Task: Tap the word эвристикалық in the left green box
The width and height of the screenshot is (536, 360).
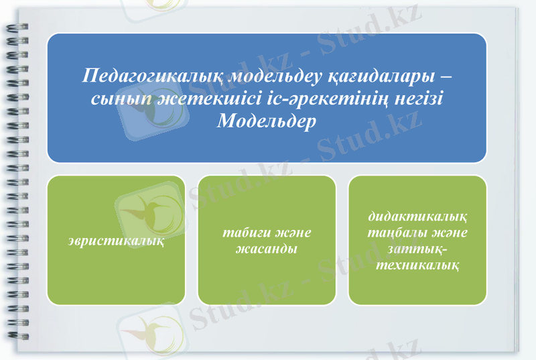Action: (x=117, y=240)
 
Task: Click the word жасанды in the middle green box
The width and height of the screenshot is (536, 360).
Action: (x=267, y=249)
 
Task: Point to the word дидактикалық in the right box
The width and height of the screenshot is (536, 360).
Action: (x=417, y=217)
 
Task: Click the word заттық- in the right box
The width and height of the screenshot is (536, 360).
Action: (x=417, y=249)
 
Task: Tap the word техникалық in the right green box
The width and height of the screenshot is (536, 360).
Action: (x=417, y=265)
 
